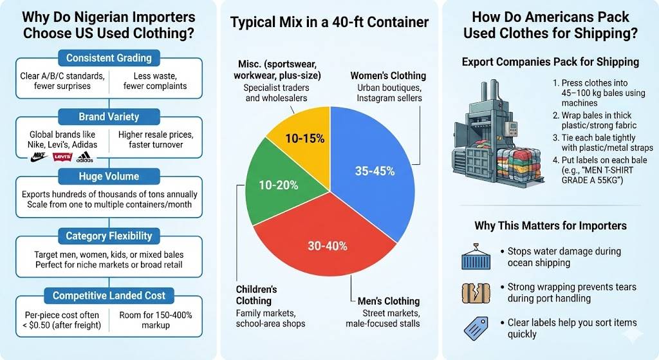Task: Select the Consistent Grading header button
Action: coord(109,58)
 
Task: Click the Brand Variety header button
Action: coord(109,117)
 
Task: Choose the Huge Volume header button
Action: coord(109,176)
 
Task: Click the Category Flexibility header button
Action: coord(109,236)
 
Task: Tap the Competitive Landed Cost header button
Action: coord(109,296)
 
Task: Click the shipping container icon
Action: coord(476,256)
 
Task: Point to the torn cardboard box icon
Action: coord(476,293)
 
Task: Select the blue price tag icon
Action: coord(476,328)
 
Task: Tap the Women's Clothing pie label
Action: coord(387,75)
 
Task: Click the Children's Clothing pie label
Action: coord(256,295)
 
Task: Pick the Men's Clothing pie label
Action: coord(385,301)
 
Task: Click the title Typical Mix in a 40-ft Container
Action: coord(329,23)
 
